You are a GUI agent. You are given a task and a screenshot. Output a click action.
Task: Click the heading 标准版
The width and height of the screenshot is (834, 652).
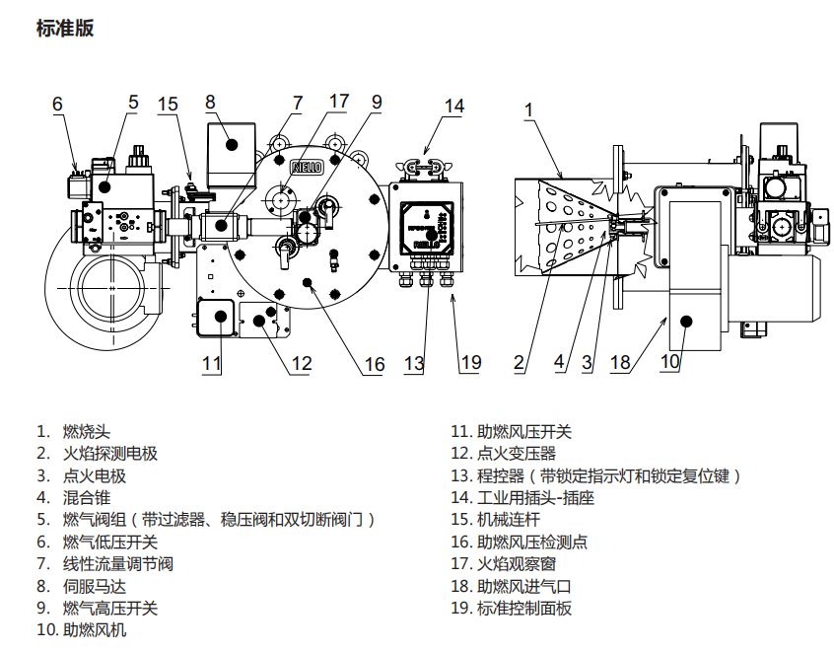[65, 29]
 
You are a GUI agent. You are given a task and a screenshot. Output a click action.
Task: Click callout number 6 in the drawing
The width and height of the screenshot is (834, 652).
[57, 104]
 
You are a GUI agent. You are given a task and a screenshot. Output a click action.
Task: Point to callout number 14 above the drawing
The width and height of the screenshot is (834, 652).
[453, 106]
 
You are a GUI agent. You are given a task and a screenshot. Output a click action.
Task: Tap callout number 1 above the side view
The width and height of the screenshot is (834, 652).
[528, 109]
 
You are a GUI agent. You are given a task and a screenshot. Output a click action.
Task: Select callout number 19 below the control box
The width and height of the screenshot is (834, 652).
[471, 363]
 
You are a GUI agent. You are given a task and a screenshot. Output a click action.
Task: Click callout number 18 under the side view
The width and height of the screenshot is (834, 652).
[620, 363]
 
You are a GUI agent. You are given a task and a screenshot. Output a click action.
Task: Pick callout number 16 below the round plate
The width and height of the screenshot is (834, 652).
[375, 365]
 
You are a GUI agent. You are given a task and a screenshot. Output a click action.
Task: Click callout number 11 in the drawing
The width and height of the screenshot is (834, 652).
[212, 363]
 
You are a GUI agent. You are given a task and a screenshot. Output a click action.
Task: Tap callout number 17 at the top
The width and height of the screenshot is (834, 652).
[339, 101]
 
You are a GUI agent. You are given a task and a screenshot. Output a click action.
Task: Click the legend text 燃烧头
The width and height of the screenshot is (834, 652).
[87, 432]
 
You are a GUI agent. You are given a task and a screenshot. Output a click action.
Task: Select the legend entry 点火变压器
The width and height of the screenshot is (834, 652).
[517, 454]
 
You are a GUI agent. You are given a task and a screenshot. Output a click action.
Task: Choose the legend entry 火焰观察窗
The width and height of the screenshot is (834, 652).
[517, 564]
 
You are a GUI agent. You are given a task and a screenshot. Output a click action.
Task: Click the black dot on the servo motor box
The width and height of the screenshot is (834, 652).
[233, 144]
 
